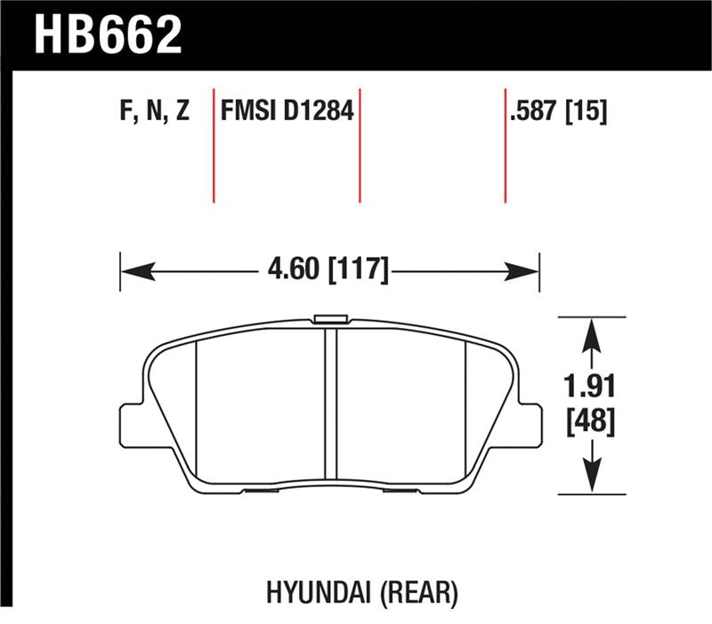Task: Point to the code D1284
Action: (320, 112)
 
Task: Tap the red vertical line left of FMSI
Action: (214, 146)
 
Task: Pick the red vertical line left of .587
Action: (505, 146)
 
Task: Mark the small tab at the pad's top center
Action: (331, 319)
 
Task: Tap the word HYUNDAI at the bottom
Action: (311, 590)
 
